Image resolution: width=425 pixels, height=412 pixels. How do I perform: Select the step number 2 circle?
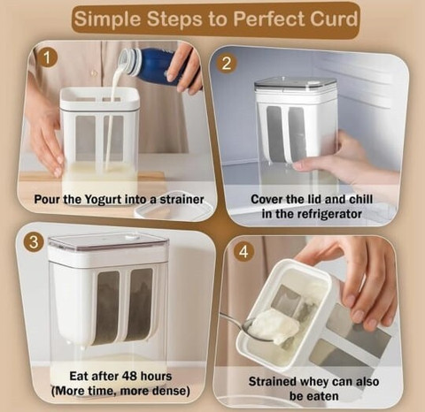pos(226,63)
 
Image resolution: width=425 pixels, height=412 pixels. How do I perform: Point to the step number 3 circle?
pos(34,243)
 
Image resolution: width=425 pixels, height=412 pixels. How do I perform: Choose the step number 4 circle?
pos(243,252)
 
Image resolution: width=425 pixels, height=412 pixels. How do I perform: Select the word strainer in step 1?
pos(182,200)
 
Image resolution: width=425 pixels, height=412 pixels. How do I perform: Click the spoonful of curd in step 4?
pos(274,326)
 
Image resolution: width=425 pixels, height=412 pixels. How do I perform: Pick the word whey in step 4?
pos(314,382)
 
